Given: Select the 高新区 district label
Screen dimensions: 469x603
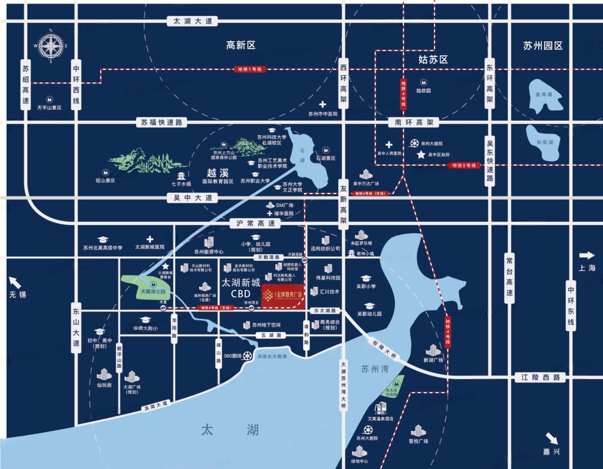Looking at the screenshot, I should click(x=241, y=46).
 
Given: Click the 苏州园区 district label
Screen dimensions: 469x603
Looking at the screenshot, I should click(x=543, y=46).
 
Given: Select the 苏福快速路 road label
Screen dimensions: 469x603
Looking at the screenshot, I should click(x=161, y=122).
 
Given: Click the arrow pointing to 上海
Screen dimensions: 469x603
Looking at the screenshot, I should click(x=586, y=255).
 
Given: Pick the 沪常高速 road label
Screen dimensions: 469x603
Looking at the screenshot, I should click(x=256, y=223).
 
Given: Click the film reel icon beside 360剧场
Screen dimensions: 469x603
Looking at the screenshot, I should click(x=248, y=356).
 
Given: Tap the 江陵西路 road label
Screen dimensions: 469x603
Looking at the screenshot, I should click(x=541, y=377).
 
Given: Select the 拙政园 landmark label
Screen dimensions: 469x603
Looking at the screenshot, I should click(x=424, y=91).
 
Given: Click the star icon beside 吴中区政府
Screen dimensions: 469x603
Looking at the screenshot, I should click(x=420, y=155).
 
